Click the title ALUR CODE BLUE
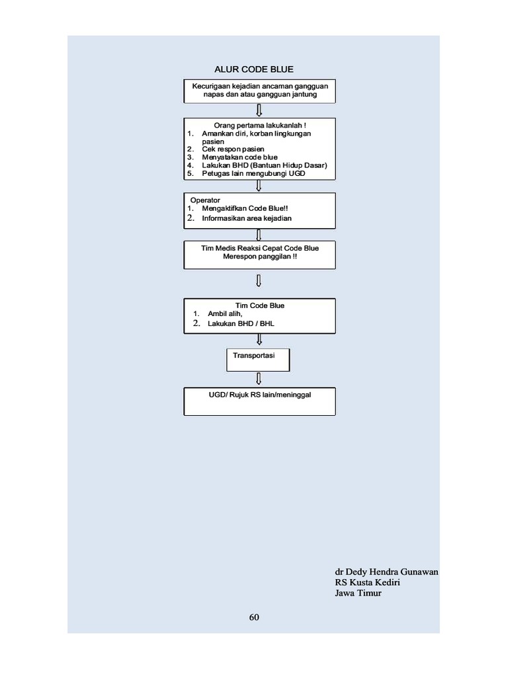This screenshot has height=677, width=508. coord(254,69)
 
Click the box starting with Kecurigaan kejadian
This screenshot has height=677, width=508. coord(259,91)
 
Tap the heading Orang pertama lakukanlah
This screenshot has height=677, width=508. coord(259,125)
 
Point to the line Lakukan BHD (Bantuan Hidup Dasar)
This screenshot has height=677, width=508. coord(265,165)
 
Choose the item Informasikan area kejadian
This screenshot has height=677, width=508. coord(247,218)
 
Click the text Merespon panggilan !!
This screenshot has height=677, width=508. coord(260,256)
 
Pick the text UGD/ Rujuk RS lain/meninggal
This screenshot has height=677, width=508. coord(260,394)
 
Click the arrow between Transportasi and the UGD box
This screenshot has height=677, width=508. coord(259,379)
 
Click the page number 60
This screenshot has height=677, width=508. coord(254,617)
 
